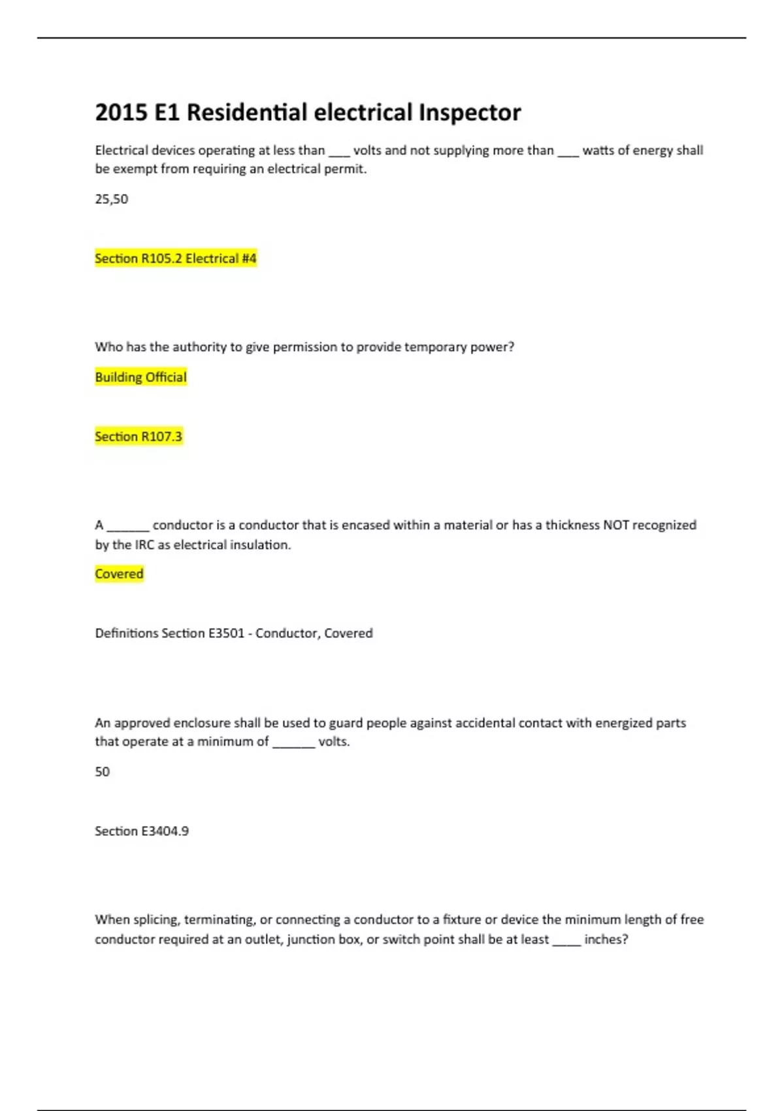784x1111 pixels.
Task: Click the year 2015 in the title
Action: (122, 112)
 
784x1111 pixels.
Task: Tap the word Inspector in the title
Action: (470, 112)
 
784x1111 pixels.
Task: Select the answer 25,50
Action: (112, 199)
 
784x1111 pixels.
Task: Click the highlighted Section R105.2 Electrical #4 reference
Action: (176, 258)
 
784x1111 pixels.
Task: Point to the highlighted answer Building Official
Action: (140, 377)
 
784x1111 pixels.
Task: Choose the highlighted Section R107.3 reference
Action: (139, 436)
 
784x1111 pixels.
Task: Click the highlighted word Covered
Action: (119, 574)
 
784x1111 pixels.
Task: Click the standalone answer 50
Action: (103, 771)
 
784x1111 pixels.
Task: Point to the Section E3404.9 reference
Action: (142, 831)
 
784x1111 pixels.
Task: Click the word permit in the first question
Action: (346, 169)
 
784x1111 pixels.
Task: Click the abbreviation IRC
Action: (144, 544)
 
